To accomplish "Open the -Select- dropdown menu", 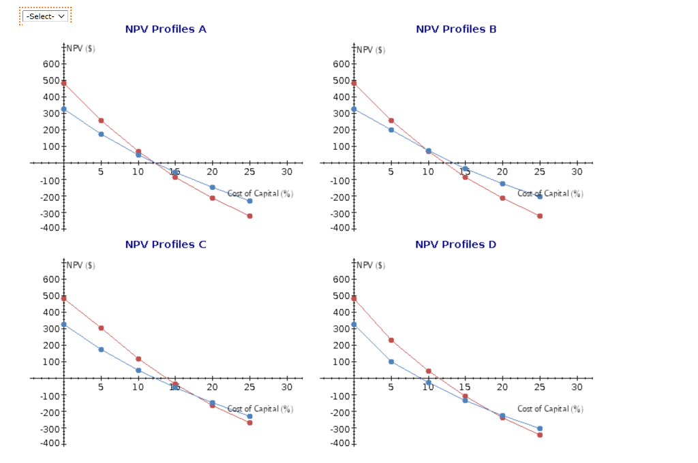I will tap(46, 16).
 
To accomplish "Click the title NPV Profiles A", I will tap(166, 29).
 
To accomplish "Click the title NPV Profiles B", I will tap(456, 29).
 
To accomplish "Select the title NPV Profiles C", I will tap(166, 244).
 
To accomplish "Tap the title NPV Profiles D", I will tap(456, 244).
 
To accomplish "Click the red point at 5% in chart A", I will tap(101, 121).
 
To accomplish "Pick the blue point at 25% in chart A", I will tap(249, 201).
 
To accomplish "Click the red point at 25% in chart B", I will tap(540, 216).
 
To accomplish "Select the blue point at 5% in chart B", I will tap(391, 129).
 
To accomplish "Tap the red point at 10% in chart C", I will tap(138, 359).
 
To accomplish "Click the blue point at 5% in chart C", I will tap(101, 349).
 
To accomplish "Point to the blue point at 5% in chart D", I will tap(391, 362).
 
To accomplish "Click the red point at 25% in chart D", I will tap(540, 434).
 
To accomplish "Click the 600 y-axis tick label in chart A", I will tap(50, 64).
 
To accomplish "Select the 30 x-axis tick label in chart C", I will tap(286, 387).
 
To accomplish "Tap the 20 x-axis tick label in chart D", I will tap(502, 387).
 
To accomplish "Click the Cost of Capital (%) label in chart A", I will tap(260, 194).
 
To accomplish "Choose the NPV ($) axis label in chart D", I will tap(371, 265).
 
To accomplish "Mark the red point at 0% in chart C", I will tap(63, 298).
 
